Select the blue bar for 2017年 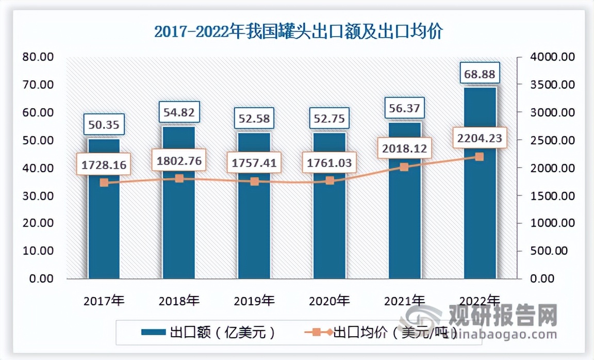[x=104, y=232]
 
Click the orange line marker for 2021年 [x=404, y=167]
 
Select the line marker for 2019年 [x=254, y=181]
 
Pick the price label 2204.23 [x=479, y=138]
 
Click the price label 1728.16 [x=104, y=165]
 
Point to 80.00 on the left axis [x=39, y=57]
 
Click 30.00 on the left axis [x=39, y=195]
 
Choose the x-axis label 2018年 [x=179, y=300]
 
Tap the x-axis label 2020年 [x=329, y=300]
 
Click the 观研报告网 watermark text [x=503, y=313]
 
